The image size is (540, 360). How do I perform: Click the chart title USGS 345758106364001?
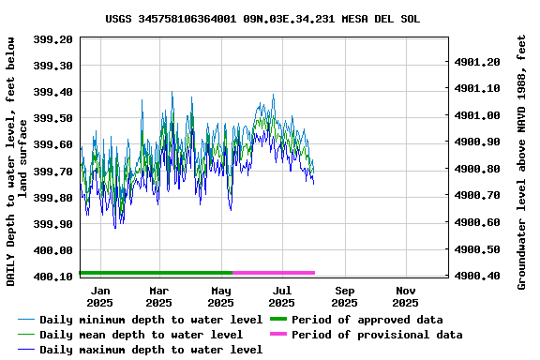tap(262, 18)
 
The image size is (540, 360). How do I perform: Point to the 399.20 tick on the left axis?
tap(54, 39)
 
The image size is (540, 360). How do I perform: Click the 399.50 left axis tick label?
tap(54, 118)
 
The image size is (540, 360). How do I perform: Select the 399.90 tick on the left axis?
tap(54, 224)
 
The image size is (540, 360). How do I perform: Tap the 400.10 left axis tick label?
tap(54, 277)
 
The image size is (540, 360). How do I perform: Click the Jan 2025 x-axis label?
tap(99, 296)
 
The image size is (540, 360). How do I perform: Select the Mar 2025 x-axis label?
tap(159, 296)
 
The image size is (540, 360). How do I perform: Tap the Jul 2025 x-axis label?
tap(282, 296)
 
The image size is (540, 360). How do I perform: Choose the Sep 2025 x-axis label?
tap(344, 296)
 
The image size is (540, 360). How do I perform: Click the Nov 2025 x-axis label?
tap(405, 296)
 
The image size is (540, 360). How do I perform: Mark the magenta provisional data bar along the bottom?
tap(274, 273)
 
